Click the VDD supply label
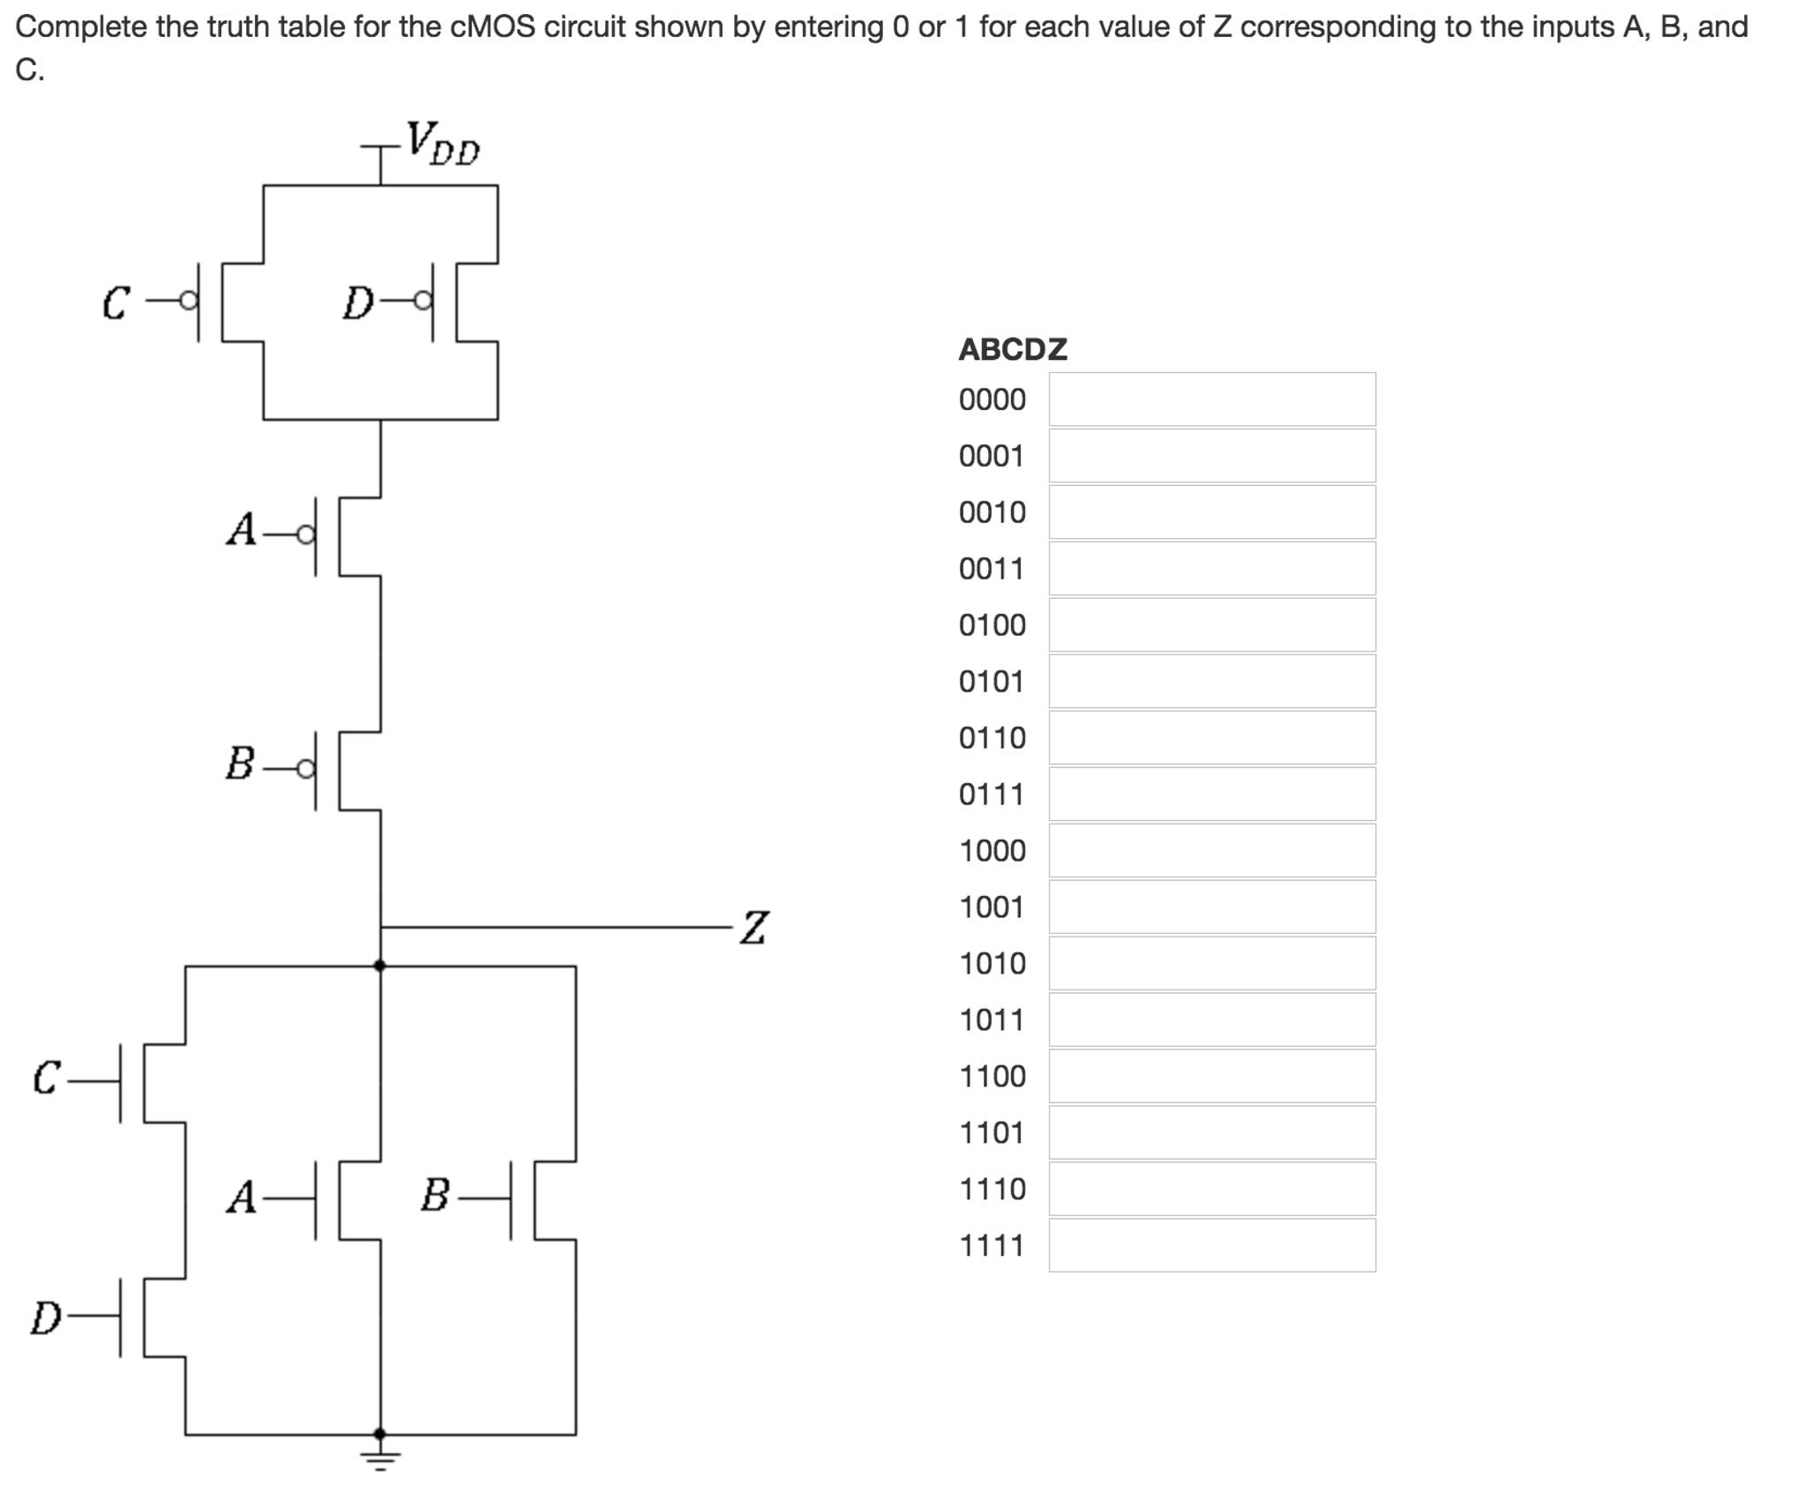pos(442,144)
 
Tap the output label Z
pos(753,928)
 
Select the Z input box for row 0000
pos(1211,400)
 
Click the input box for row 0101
pos(1211,681)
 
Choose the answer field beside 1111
pos(1211,1244)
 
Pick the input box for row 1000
pos(1211,850)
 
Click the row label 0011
pos(992,569)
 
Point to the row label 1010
pos(992,963)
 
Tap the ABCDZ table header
pos(1012,349)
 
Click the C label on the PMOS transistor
pos(116,303)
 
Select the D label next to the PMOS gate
pos(357,303)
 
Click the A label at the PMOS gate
pos(241,530)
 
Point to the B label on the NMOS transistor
pos(435,1196)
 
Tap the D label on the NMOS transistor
pos(46,1318)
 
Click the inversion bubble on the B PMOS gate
pos(305,769)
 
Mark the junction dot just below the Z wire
pos(380,966)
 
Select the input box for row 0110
pos(1211,737)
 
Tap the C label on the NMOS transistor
pos(46,1077)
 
